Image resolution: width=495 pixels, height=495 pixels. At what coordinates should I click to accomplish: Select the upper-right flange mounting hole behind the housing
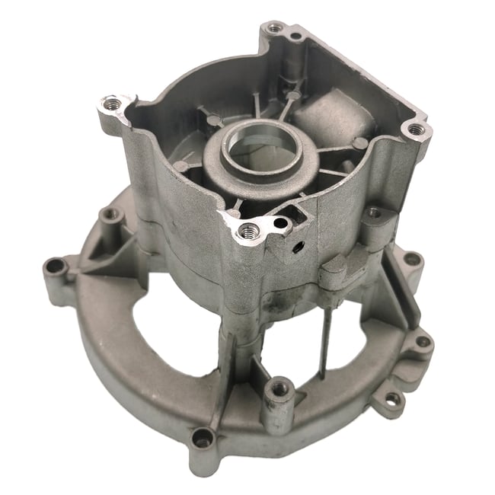(x=411, y=259)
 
